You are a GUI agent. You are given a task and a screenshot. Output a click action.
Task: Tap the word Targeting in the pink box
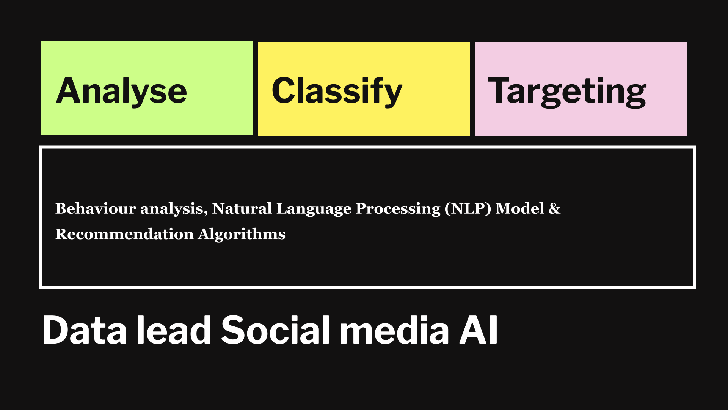coord(567,91)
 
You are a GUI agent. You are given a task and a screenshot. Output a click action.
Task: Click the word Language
coord(314,209)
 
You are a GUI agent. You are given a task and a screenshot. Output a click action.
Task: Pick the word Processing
coord(398,209)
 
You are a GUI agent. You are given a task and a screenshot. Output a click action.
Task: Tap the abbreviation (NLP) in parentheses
coord(468,209)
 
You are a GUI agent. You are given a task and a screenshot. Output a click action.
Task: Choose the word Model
coord(520,208)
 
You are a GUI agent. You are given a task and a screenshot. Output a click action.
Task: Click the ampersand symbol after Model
coord(554,208)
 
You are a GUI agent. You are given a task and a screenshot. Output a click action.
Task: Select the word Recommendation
coord(124,234)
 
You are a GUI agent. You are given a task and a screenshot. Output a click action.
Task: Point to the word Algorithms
coord(242,235)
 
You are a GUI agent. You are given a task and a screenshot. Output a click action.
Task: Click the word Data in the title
coord(84,330)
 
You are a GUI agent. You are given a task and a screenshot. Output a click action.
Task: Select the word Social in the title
coord(275,330)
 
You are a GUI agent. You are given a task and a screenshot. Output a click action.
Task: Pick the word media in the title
coord(394,330)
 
